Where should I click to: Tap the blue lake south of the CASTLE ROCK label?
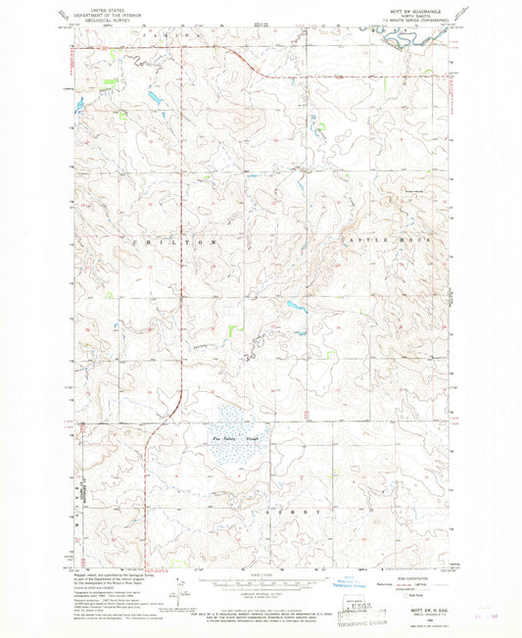tap(295, 305)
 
